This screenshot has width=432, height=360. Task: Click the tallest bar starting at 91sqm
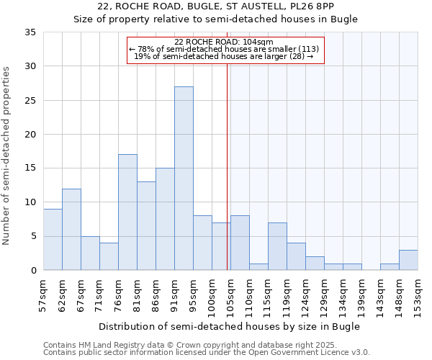click(x=184, y=179)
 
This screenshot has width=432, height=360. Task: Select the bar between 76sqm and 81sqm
click(x=127, y=212)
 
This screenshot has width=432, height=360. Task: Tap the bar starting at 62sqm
click(x=71, y=229)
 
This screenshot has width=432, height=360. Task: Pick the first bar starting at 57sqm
click(x=53, y=239)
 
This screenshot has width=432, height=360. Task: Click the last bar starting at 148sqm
click(x=408, y=260)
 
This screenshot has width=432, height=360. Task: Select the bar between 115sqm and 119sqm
click(x=277, y=246)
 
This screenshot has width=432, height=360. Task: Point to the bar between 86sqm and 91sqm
click(x=165, y=219)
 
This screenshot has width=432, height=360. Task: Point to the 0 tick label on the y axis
click(x=32, y=271)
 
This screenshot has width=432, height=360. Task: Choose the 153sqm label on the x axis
click(x=418, y=296)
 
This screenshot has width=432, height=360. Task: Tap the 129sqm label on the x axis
click(x=325, y=296)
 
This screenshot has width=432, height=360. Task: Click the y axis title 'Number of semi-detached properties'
click(x=7, y=155)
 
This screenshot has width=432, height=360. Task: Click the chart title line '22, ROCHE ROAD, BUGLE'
click(x=216, y=6)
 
